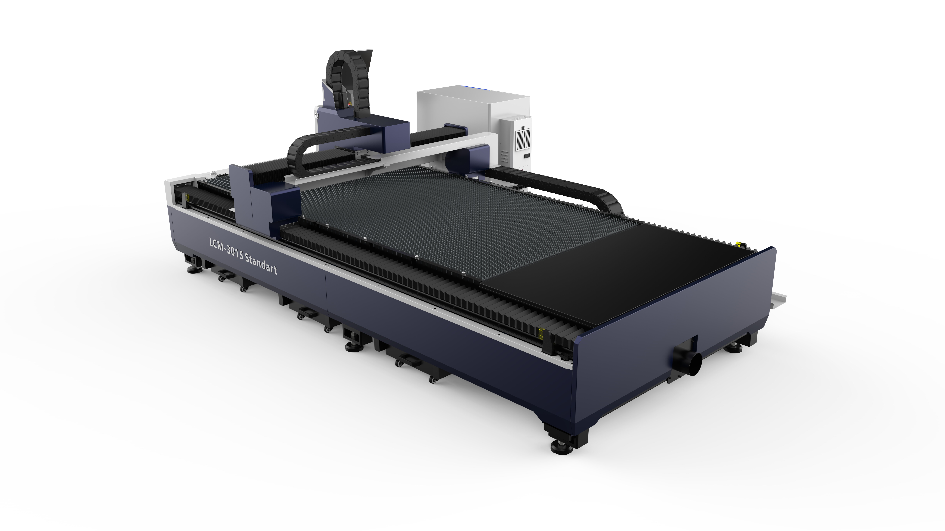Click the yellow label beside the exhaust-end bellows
click(x=540, y=333)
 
